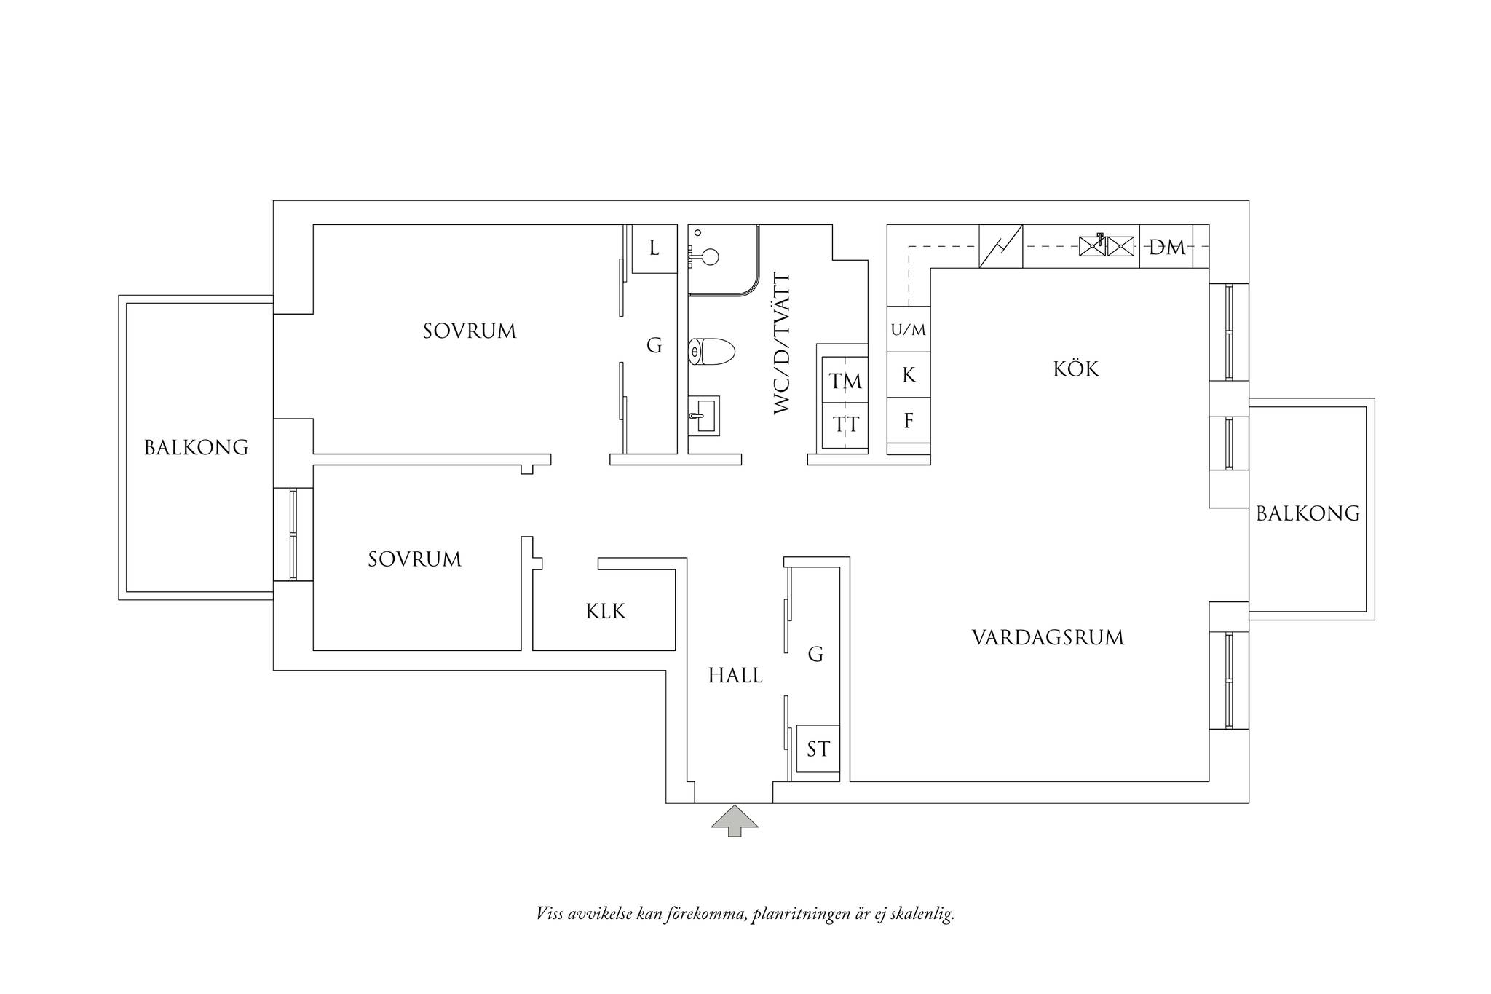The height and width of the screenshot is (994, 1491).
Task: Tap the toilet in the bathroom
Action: click(x=712, y=352)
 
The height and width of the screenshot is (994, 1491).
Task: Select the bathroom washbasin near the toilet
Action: click(x=703, y=416)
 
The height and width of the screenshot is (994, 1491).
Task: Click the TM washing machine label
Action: click(x=845, y=381)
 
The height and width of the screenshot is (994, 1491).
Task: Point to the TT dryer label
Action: click(x=846, y=424)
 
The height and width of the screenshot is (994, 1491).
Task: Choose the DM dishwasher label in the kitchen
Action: click(x=1167, y=248)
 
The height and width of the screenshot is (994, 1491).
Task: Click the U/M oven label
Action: click(x=909, y=330)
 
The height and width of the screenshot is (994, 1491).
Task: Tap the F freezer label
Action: click(x=909, y=421)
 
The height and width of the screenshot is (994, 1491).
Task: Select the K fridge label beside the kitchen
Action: click(x=909, y=375)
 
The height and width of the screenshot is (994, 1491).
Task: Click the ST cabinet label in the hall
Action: click(x=818, y=749)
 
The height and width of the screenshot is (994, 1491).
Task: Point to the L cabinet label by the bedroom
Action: click(x=654, y=248)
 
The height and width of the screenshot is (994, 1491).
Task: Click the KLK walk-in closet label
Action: click(x=606, y=611)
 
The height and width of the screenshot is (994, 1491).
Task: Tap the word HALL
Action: click(x=735, y=676)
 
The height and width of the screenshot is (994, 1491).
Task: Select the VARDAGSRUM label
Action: click(x=1048, y=638)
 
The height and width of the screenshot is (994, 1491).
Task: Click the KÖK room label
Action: click(x=1076, y=368)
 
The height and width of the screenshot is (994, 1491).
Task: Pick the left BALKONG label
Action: click(x=197, y=447)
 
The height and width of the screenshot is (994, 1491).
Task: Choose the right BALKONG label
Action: click(x=1308, y=513)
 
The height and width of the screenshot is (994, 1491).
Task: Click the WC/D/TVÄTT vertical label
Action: click(x=782, y=344)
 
